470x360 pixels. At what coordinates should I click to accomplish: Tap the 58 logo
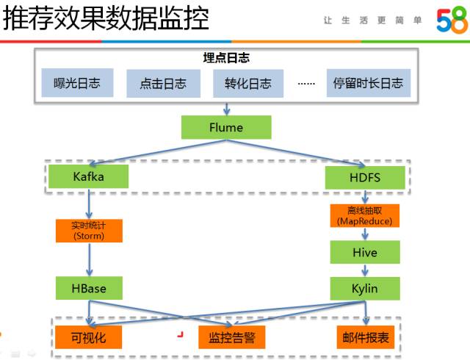pyautogui.click(x=451, y=21)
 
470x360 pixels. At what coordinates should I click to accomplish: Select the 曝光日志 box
pyautogui.click(x=77, y=83)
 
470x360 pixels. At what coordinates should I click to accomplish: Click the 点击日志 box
pyautogui.click(x=162, y=84)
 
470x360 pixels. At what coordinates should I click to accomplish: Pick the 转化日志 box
pyautogui.click(x=247, y=83)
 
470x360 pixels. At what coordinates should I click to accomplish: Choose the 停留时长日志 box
pyautogui.click(x=368, y=83)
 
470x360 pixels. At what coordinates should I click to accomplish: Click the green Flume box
pyautogui.click(x=226, y=127)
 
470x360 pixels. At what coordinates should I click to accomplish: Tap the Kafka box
pyautogui.click(x=89, y=176)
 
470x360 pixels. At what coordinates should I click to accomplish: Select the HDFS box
pyautogui.click(x=365, y=177)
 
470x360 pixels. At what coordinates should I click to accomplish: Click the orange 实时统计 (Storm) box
pyautogui.click(x=89, y=230)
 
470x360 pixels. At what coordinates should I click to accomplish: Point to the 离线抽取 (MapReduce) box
pyautogui.click(x=365, y=216)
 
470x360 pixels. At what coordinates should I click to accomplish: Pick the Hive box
pyautogui.click(x=365, y=253)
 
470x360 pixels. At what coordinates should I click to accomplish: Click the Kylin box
pyautogui.click(x=365, y=288)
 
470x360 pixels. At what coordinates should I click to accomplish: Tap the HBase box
pyautogui.click(x=89, y=288)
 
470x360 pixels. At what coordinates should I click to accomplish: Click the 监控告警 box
pyautogui.click(x=231, y=338)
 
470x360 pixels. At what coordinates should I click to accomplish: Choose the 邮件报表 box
pyautogui.click(x=365, y=337)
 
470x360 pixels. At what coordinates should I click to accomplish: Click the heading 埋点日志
pyautogui.click(x=226, y=58)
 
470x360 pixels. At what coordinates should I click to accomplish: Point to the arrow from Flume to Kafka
pyautogui.click(x=154, y=152)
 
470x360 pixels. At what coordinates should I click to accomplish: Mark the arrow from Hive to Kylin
pyautogui.click(x=365, y=270)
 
